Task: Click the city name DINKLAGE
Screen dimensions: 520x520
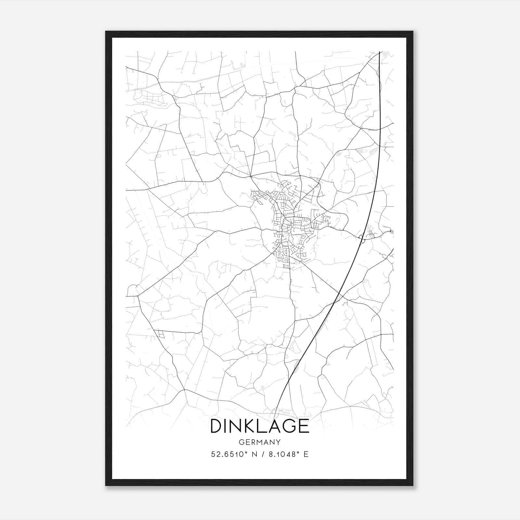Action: [260, 426]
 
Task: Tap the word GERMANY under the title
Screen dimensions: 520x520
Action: [260, 442]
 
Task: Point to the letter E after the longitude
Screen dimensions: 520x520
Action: [306, 454]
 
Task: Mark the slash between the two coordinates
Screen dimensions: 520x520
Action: [261, 454]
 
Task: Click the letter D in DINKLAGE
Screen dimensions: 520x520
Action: [216, 426]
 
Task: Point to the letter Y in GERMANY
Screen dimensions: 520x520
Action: [278, 442]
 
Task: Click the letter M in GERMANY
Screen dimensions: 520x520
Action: [258, 442]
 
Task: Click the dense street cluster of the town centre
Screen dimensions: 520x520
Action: [289, 224]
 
